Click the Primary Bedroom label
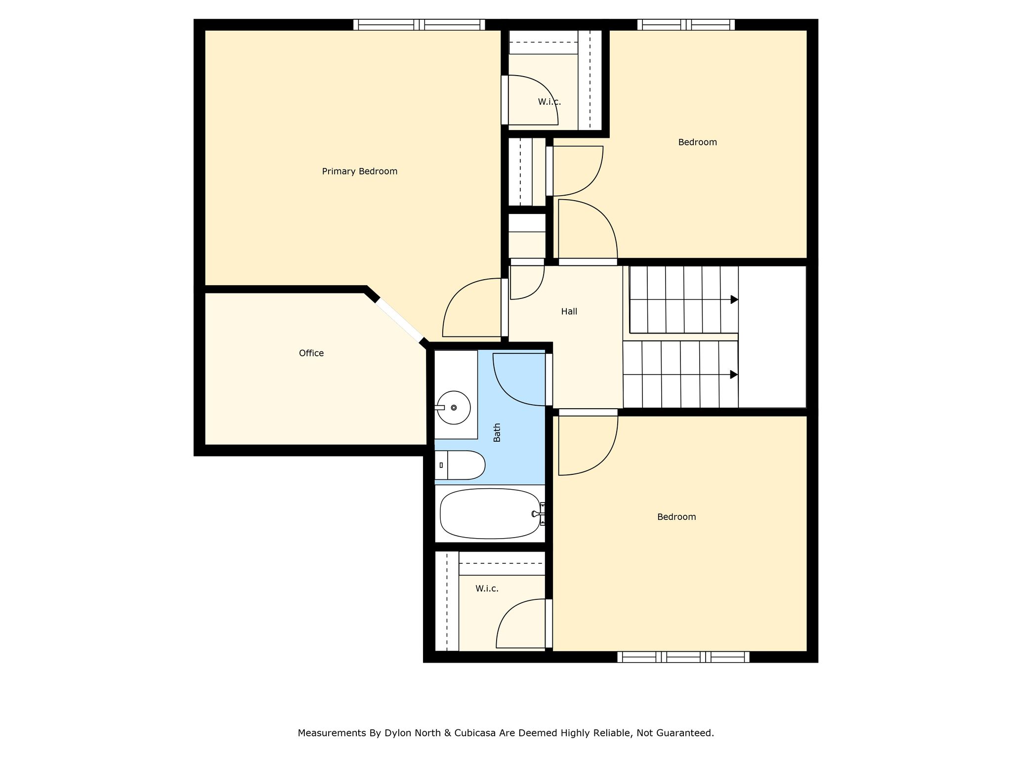pos(359,171)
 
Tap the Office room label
pos(311,353)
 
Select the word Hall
pos(569,311)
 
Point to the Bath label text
pos(497,432)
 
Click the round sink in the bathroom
pos(454,408)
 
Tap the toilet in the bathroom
pos(460,465)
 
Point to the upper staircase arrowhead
pos(734,299)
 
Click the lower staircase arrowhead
pos(734,375)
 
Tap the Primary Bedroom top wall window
pos(419,25)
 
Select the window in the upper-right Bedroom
pos(686,25)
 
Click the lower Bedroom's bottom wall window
pos(683,657)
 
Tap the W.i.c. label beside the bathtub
pos(487,589)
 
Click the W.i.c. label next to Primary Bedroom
pos(549,102)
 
